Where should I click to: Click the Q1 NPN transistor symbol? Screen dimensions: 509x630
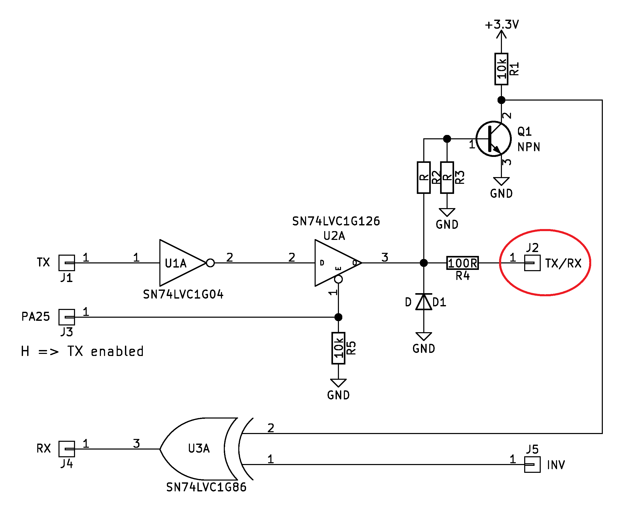coord(494,139)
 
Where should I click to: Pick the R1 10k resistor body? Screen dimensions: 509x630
coord(501,69)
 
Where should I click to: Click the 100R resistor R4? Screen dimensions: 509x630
coord(462,263)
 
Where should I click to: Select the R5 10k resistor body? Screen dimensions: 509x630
coord(338,348)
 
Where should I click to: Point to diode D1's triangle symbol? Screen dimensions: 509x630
coord(424,302)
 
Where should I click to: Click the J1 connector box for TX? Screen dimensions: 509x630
coord(67,263)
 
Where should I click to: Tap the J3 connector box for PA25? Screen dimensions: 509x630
coord(67,317)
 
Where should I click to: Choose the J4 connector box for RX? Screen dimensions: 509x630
coord(67,449)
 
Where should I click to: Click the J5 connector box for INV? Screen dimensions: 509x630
coord(532,465)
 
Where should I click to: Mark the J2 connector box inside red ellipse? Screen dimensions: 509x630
coord(532,263)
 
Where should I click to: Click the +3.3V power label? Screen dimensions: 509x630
coord(502,25)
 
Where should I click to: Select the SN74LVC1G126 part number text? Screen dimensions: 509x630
coord(336,221)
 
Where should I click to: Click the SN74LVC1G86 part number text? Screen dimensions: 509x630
coord(206,487)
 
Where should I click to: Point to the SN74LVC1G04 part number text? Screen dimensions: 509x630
coord(183,294)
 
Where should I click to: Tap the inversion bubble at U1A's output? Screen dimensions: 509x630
coord(210,263)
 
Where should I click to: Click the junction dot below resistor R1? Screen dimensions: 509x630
coord(501,100)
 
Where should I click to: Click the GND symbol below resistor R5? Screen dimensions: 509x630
coord(338,383)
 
